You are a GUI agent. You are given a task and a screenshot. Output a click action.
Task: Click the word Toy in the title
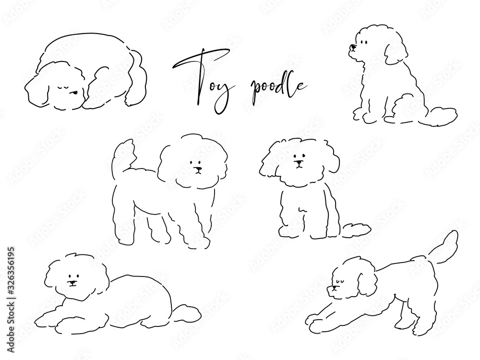click(x=208, y=81)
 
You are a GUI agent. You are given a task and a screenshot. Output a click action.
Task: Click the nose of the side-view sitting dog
click(x=353, y=48)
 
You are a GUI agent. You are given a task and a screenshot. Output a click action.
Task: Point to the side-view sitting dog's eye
click(x=364, y=43)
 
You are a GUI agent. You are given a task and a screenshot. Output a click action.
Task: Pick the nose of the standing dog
click(x=199, y=168)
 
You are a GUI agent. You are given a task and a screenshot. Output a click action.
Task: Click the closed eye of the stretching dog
click(x=338, y=280)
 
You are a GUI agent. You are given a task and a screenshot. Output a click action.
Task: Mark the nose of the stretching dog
click(x=329, y=288)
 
